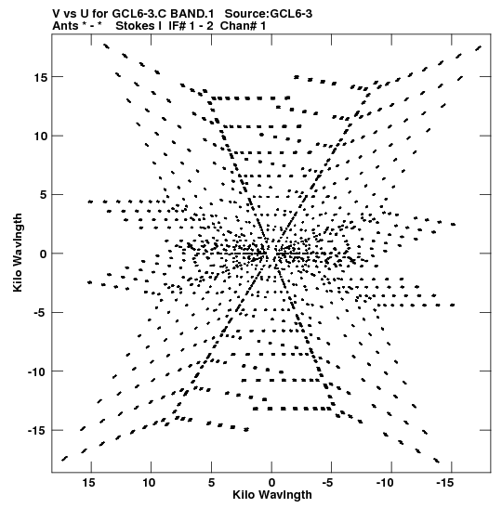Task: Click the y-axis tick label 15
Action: pyautogui.click(x=41, y=77)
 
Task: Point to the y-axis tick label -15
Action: pyautogui.click(x=37, y=431)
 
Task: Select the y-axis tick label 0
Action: pyautogui.click(x=44, y=254)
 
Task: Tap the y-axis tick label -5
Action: pyautogui.click(x=41, y=313)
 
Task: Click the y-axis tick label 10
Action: pyautogui.click(x=41, y=137)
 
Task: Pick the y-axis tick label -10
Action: pyautogui.click(x=37, y=371)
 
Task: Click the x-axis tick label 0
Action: pyautogui.click(x=271, y=483)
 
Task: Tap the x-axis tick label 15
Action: pyautogui.click(x=88, y=483)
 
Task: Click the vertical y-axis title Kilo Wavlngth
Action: pyautogui.click(x=18, y=253)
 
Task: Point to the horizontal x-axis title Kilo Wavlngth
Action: pyautogui.click(x=272, y=495)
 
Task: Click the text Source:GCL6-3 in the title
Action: pyautogui.click(x=269, y=14)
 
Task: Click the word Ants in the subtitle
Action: pyautogui.click(x=65, y=26)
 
